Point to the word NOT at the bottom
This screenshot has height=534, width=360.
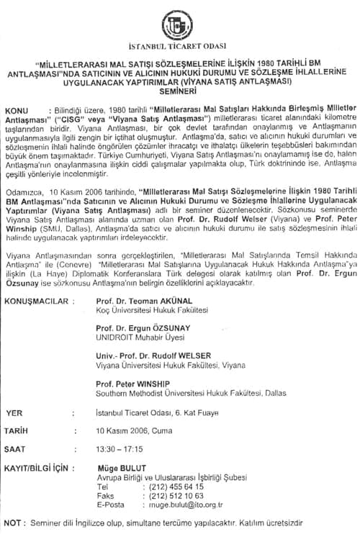pyautogui.click(x=14, y=523)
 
